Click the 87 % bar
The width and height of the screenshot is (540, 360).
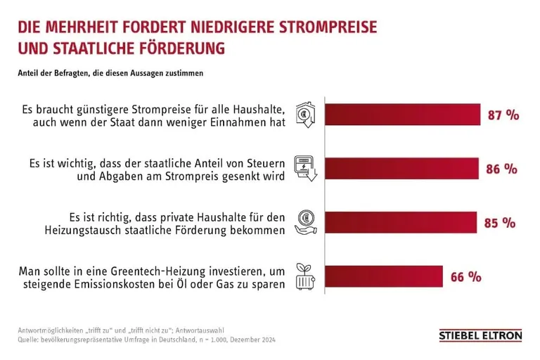pos(401,115)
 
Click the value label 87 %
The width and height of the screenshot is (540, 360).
pos(503,115)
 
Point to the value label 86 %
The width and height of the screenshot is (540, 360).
pos(501,169)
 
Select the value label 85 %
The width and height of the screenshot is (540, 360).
pos(500,222)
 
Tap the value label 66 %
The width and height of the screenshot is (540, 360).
pos(465,276)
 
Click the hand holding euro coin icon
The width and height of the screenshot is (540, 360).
pos(305,222)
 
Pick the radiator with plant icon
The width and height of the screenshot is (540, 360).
pos(305,276)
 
